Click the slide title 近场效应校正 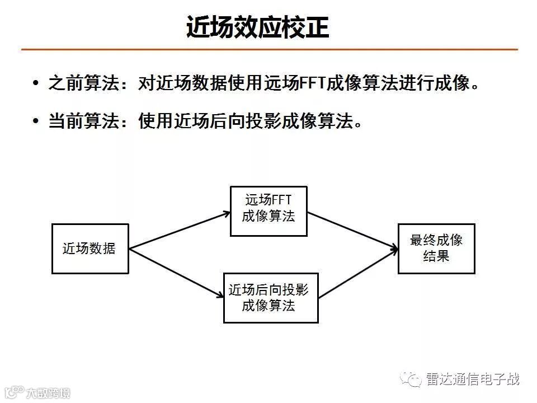tap(257, 27)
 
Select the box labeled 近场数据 tap(89, 249)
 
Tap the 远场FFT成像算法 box tap(268, 210)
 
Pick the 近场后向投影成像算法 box tap(271, 298)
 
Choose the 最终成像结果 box tap(436, 249)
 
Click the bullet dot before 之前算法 tap(36, 83)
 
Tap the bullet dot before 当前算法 tap(36, 120)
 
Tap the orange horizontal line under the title tap(268, 50)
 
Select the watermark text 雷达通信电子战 tap(473, 379)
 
